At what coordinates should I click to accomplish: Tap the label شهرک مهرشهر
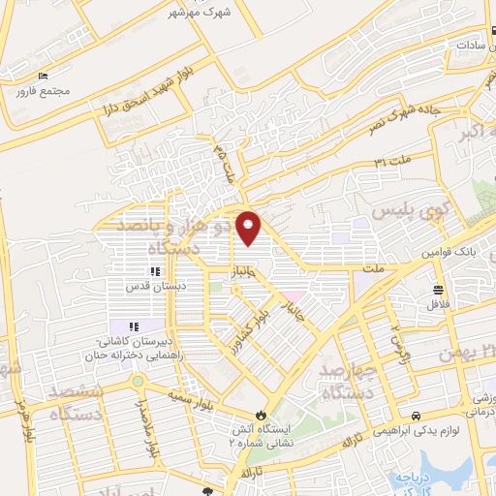(x=201, y=13)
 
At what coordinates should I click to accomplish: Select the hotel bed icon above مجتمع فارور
(x=42, y=77)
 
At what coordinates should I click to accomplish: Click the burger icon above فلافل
(x=438, y=289)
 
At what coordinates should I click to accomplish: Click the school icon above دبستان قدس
(x=153, y=271)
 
